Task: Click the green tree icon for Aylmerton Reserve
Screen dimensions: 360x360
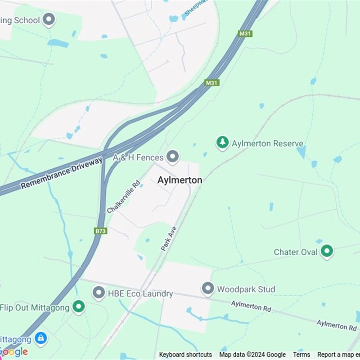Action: (x=222, y=143)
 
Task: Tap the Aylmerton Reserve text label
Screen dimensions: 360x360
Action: (x=267, y=144)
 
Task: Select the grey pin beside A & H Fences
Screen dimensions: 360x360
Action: (x=172, y=157)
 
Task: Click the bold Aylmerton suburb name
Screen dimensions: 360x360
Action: (x=180, y=180)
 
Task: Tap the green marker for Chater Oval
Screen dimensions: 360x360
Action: (x=327, y=251)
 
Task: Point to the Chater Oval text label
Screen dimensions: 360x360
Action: (x=296, y=252)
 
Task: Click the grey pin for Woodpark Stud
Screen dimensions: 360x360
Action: (x=207, y=288)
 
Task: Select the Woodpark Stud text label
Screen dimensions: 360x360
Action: (x=246, y=289)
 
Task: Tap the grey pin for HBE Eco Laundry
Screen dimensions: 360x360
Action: (x=99, y=293)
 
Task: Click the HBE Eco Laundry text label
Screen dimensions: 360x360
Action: (x=140, y=294)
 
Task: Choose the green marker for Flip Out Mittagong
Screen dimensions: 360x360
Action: (x=79, y=307)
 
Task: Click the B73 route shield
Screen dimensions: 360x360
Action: (x=101, y=231)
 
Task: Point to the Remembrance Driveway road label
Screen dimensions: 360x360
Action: (x=62, y=172)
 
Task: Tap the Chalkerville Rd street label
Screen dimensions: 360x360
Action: (x=124, y=197)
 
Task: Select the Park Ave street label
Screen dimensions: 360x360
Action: (x=169, y=238)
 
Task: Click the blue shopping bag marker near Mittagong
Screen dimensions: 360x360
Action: (x=41, y=337)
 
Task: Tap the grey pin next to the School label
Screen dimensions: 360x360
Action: (x=49, y=20)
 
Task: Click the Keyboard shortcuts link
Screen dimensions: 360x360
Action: (x=185, y=355)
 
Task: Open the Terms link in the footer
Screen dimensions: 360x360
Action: (x=301, y=355)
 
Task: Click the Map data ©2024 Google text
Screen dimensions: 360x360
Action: (x=252, y=355)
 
